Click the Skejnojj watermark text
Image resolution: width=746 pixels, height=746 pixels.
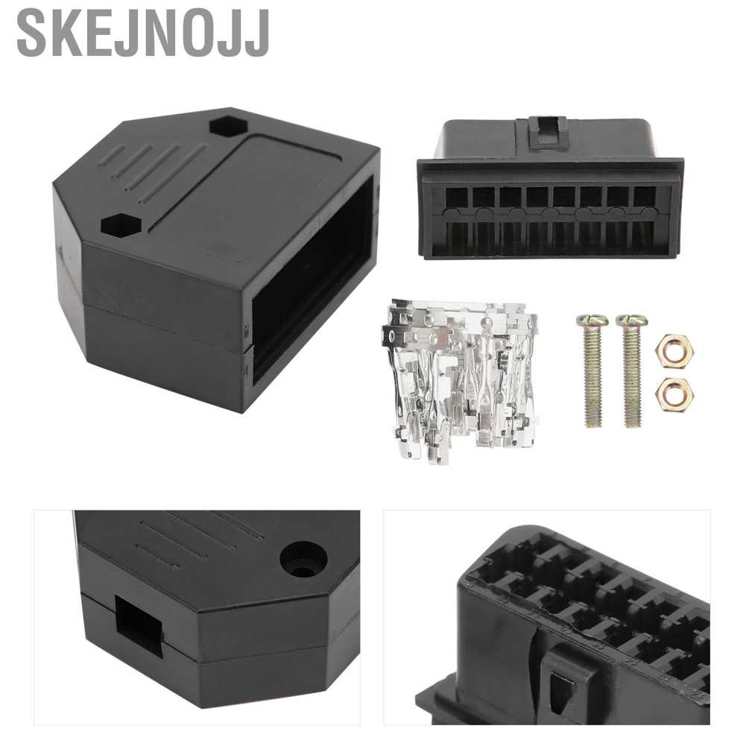coord(144,34)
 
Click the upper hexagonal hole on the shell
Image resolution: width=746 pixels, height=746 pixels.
coord(228,127)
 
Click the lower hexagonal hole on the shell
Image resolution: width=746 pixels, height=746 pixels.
coord(121,225)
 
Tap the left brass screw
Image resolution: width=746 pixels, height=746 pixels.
coord(592,370)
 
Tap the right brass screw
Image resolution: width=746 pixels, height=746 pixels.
coord(631,370)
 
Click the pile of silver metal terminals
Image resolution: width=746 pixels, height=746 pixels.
coord(460,379)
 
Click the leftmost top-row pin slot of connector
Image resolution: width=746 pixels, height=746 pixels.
coord(456,197)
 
